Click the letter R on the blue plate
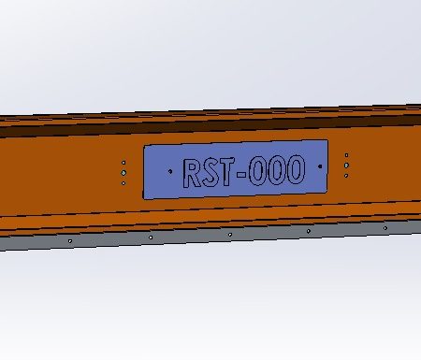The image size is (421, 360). point(192,173)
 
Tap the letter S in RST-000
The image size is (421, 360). point(211,172)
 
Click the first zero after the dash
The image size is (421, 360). point(260,171)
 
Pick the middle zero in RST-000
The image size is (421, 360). point(278,170)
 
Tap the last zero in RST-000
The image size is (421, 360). point(296,169)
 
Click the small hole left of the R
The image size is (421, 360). point(168,172)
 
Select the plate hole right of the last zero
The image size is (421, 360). point(321,166)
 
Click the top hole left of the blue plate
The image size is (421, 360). point(123,163)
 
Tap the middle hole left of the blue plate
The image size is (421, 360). point(123,172)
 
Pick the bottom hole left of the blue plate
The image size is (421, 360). point(123,182)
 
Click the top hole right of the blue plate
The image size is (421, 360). point(347,156)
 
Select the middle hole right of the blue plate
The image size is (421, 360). point(347,166)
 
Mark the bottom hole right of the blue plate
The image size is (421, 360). point(347,175)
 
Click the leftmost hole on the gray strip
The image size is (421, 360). point(70,241)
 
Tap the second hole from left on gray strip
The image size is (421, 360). point(151,238)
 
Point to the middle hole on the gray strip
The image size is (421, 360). point(230,234)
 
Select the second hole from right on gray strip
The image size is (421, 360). point(308,230)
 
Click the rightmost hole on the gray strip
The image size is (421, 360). point(385,226)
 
